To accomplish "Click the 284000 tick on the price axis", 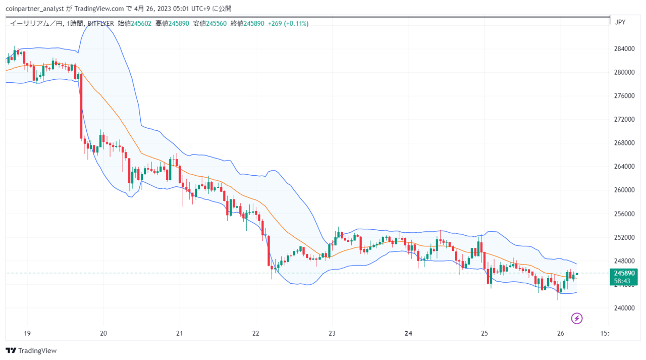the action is (x=624, y=49).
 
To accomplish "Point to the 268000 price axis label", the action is (x=624, y=143).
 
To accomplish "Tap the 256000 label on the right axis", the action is (x=624, y=214).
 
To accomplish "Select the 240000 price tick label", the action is (x=624, y=308).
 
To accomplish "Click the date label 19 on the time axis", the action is (x=27, y=333).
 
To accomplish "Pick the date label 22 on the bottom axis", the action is (x=256, y=333).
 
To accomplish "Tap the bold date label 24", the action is (x=408, y=333).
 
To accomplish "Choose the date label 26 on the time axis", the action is (x=561, y=333).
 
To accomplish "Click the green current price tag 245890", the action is (x=623, y=277).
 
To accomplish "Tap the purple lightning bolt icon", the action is (x=577, y=319).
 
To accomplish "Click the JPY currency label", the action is (x=620, y=22).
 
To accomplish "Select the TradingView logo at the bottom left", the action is (x=31, y=351).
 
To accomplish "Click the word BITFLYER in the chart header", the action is (x=100, y=23).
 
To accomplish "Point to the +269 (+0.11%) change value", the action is (x=288, y=23).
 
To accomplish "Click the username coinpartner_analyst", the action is (x=35, y=9).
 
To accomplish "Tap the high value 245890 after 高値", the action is (x=179, y=23).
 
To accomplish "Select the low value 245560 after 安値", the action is (x=217, y=23).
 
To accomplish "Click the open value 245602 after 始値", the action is (x=141, y=23).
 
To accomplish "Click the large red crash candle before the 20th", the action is (x=81, y=106).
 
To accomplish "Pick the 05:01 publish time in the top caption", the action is (x=181, y=9).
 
